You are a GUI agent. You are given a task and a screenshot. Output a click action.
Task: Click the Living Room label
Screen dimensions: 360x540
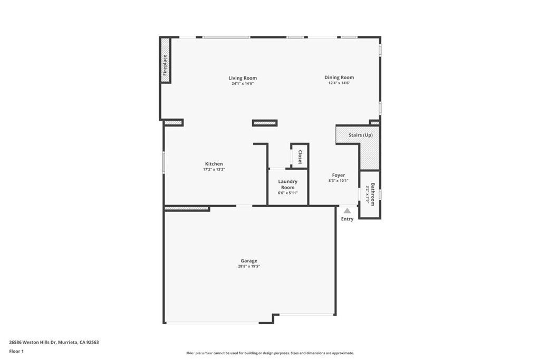[x=243, y=78]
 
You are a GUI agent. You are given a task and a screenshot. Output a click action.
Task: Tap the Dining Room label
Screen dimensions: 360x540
[x=339, y=77]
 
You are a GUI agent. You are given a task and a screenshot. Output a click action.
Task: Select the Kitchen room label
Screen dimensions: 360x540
[x=214, y=164]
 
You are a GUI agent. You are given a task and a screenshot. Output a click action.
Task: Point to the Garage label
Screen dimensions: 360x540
[x=249, y=260]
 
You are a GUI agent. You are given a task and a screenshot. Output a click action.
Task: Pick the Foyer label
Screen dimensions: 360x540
[x=339, y=175]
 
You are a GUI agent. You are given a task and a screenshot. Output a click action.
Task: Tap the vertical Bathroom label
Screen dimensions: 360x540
[x=372, y=194]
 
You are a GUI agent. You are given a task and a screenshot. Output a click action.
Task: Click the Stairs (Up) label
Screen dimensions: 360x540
[x=361, y=135]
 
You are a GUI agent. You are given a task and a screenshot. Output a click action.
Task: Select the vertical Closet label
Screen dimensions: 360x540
[x=300, y=157]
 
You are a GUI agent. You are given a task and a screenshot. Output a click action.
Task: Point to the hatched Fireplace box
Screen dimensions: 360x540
[x=165, y=66]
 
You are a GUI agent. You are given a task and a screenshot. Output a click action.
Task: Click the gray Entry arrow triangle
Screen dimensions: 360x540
[x=347, y=211]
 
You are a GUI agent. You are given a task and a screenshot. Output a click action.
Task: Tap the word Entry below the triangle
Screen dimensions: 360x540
[x=347, y=219]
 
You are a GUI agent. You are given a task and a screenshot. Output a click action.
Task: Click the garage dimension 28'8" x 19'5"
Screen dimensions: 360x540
[x=249, y=266]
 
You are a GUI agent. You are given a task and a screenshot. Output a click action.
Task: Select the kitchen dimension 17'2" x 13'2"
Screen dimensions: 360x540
[x=214, y=169]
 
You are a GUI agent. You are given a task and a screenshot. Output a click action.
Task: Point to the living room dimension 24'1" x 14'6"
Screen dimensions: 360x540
[x=243, y=83]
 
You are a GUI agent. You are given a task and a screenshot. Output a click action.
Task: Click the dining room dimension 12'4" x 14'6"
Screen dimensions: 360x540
[x=339, y=83]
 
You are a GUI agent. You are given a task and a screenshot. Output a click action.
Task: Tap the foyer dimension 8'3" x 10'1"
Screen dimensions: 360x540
[x=339, y=181]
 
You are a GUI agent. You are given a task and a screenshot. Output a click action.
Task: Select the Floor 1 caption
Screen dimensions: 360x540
[x=16, y=351]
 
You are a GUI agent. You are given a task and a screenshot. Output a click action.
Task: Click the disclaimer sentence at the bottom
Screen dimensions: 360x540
[x=269, y=353]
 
